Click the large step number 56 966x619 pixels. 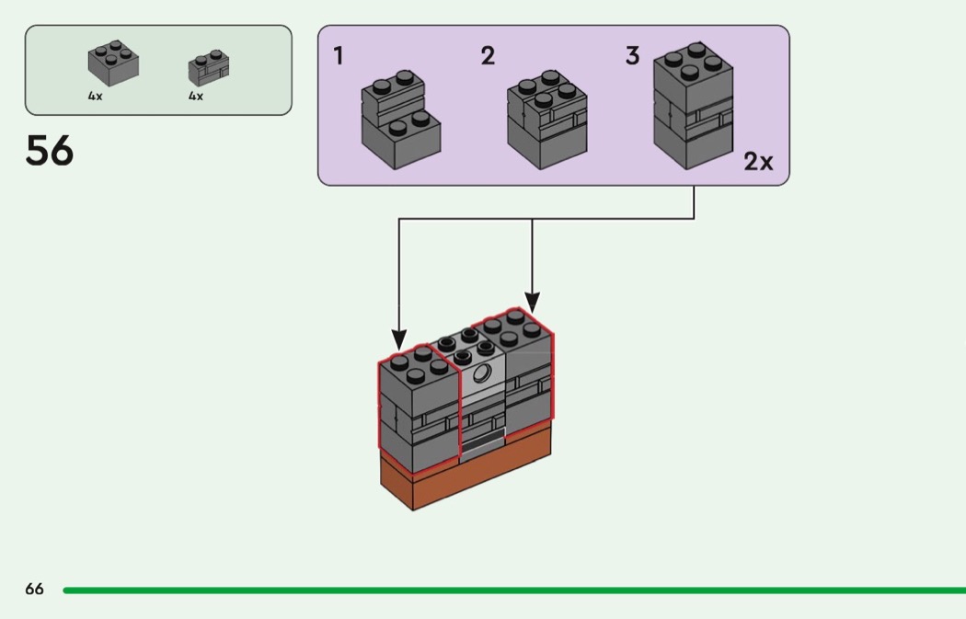50,151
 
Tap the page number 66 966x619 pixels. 34,590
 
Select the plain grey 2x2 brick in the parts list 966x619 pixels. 114,63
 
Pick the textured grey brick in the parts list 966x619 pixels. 209,68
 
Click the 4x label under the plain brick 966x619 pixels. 96,96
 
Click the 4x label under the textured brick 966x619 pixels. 196,96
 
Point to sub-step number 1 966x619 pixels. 339,57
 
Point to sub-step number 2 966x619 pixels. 488,57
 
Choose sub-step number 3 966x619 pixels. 632,57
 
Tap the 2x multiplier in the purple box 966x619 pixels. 758,163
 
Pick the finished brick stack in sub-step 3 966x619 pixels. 693,106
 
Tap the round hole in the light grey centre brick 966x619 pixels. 481,373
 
